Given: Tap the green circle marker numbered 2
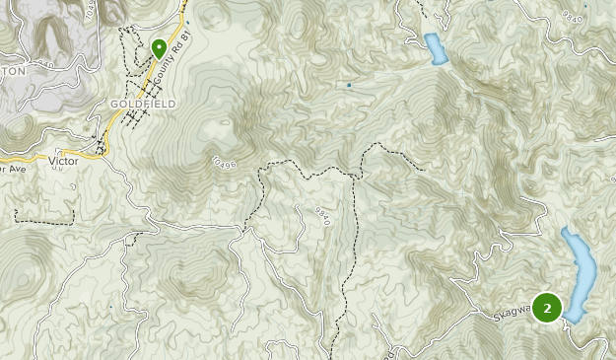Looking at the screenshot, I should point(547,308).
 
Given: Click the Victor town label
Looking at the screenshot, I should point(63,160).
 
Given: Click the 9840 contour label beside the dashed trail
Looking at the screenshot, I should point(322,216).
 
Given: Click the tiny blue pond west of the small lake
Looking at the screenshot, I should point(349,86).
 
